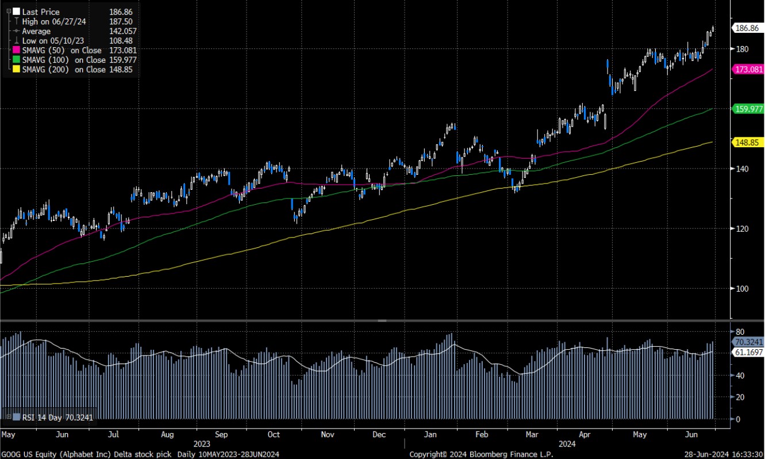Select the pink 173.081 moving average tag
click(747, 69)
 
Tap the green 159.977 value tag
click(747, 108)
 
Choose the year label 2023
click(202, 444)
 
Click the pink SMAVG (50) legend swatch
click(16, 51)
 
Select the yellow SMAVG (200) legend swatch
click(16, 70)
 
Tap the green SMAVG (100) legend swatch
click(16, 60)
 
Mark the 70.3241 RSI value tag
click(747, 342)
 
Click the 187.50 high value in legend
click(120, 21)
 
